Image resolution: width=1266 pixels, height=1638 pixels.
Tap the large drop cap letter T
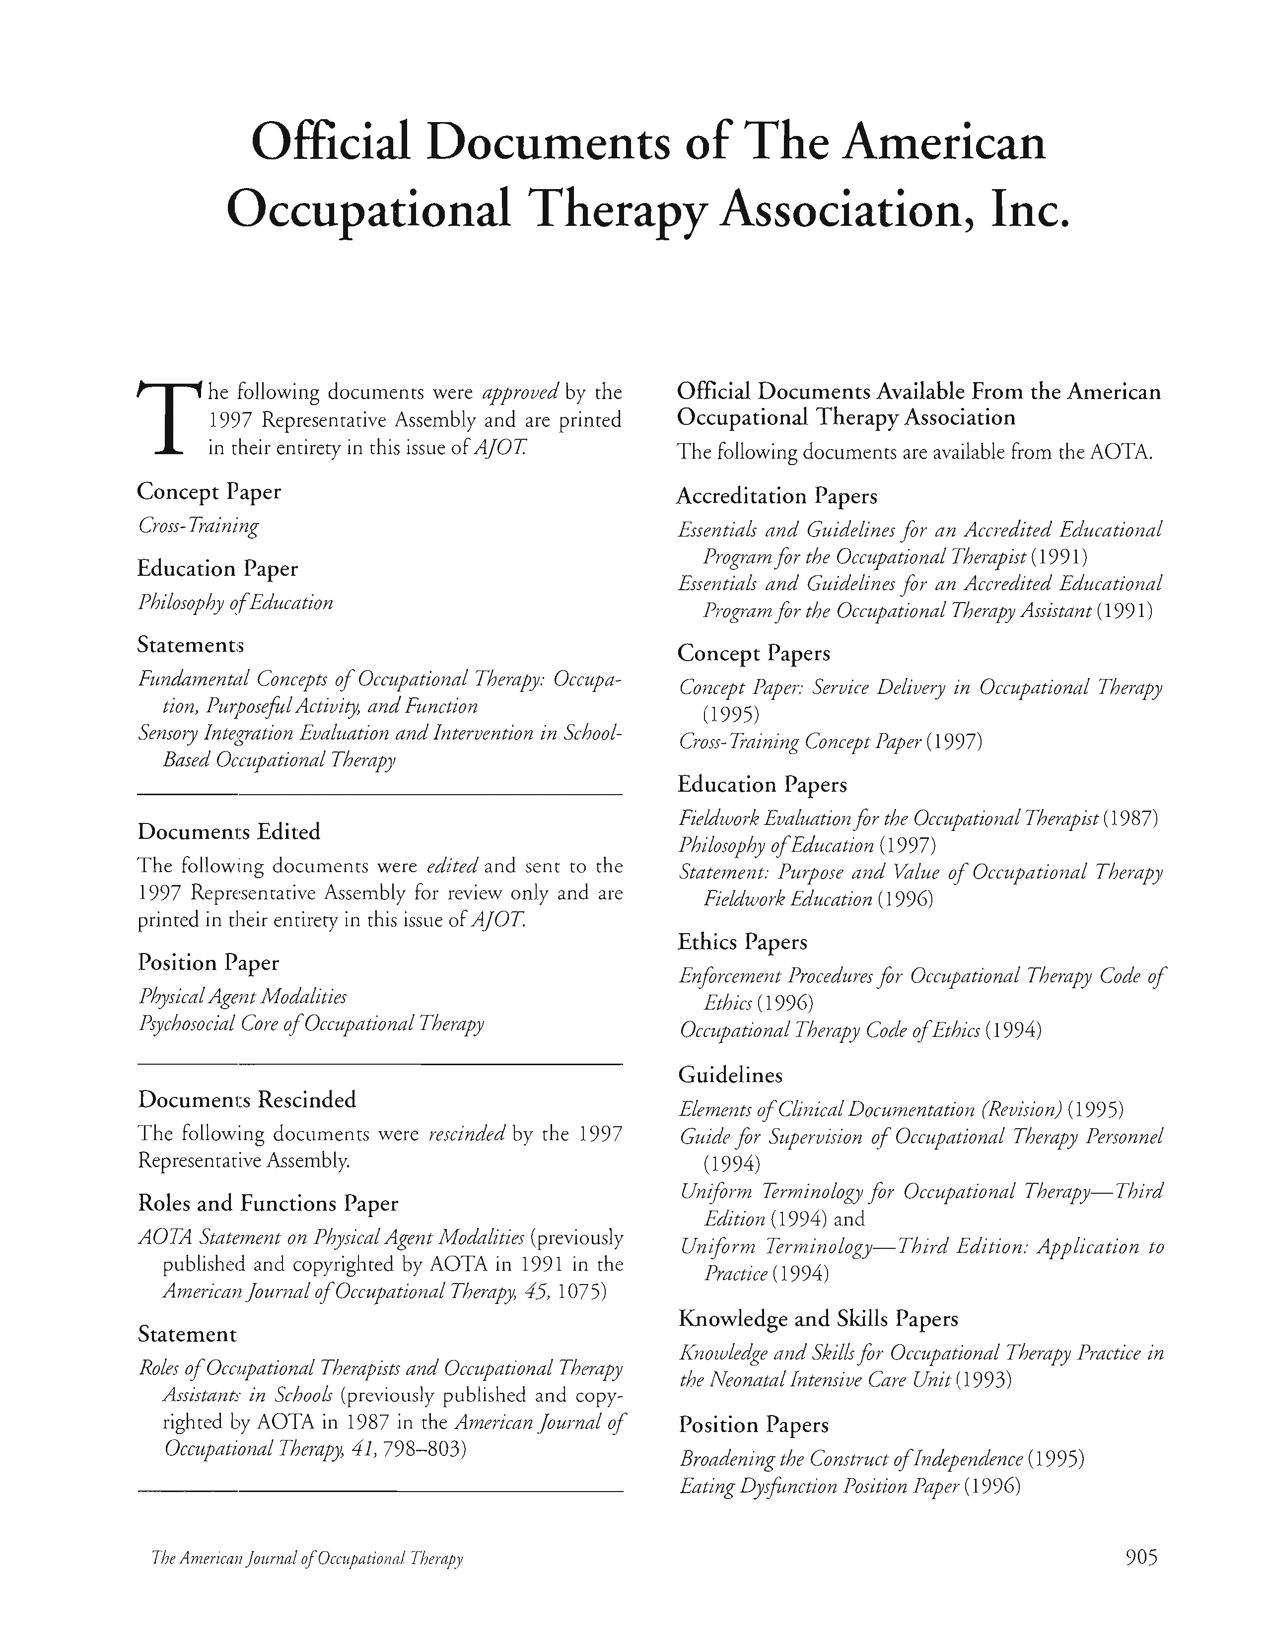(169, 418)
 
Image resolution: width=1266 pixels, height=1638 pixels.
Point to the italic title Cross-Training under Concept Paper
(199, 525)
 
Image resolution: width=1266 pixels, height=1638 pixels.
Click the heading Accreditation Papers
(776, 496)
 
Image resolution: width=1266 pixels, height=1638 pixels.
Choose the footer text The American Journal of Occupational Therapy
(307, 1559)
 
